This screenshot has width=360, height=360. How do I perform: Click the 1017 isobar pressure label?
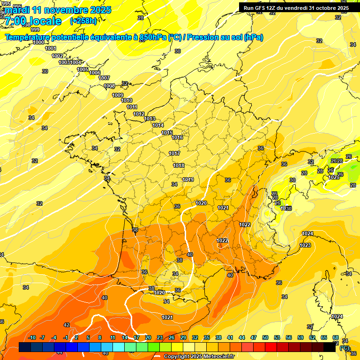[174, 154]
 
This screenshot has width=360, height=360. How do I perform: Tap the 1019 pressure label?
[188, 180]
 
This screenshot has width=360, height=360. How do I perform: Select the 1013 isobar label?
[150, 119]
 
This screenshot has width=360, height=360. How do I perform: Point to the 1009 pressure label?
[118, 96]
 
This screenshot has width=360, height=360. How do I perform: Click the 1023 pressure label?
[305, 245]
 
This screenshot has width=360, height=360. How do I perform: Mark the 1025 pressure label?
[334, 177]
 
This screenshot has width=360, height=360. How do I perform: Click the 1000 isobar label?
[39, 43]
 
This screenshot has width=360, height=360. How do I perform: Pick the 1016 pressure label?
[177, 137]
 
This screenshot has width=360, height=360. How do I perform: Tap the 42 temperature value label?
[67, 325]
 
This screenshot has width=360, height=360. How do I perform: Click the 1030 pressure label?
[286, 209]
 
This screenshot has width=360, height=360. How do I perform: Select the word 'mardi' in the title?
[17, 10]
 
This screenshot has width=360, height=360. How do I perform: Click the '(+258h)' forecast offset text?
[83, 21]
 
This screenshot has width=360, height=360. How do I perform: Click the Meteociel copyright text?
[199, 356]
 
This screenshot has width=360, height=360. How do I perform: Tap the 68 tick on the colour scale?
[336, 338]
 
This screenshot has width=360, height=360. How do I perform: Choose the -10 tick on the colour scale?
[32, 338]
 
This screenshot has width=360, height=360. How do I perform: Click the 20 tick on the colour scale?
[148, 338]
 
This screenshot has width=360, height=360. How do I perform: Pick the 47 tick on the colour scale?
[254, 338]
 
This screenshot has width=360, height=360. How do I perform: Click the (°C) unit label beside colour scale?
[344, 348]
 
